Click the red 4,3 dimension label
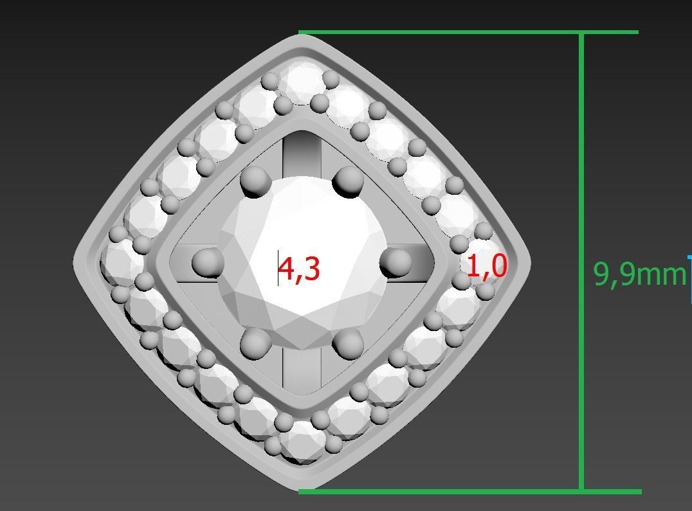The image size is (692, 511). click(x=299, y=269)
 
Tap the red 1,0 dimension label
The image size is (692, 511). click(x=487, y=267)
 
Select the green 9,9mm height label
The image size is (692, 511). click(x=639, y=274)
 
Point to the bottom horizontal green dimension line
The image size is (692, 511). click(x=469, y=492)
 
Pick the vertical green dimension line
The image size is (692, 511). click(x=582, y=161)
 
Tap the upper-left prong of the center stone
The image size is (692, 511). click(x=255, y=181)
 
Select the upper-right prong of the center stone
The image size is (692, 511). click(x=349, y=181)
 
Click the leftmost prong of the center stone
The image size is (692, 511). click(x=207, y=263)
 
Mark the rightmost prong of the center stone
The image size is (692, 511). click(x=395, y=262)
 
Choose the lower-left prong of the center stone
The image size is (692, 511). click(x=255, y=343)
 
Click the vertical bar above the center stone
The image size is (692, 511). click(x=302, y=154)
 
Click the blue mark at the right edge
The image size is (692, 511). click(x=689, y=270)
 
